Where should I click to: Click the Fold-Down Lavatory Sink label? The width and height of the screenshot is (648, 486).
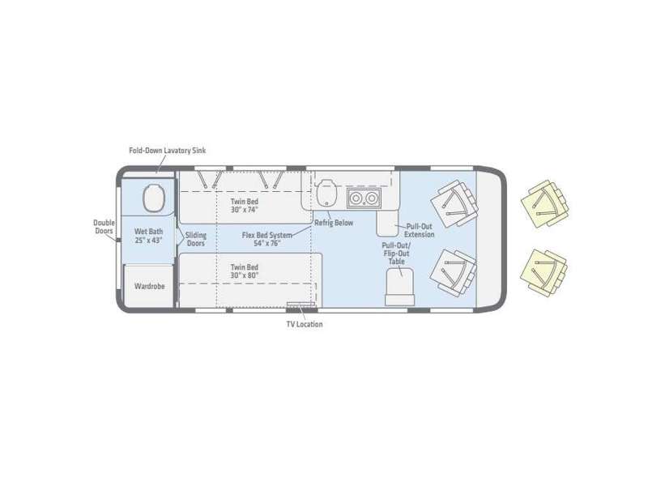click(168, 151)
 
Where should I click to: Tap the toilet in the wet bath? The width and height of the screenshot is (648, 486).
click(155, 198)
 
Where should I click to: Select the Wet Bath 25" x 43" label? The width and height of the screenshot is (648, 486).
click(149, 236)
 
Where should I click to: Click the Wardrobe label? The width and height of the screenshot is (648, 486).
click(149, 286)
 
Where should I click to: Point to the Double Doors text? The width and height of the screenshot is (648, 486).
click(104, 227)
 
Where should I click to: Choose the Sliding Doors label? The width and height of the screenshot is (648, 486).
click(196, 239)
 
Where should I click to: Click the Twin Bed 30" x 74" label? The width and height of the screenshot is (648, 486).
click(245, 206)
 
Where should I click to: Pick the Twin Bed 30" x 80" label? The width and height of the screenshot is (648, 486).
click(245, 271)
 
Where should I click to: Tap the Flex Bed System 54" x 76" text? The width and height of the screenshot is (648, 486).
click(267, 239)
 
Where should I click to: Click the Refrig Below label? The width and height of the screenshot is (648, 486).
click(334, 223)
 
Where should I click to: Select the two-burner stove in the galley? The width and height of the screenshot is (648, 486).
click(364, 198)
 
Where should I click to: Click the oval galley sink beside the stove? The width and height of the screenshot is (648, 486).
click(326, 193)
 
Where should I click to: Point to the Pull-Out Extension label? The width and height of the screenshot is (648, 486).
click(420, 230)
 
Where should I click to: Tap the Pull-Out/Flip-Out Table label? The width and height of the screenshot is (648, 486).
click(396, 253)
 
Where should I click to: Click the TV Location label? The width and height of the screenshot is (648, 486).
click(305, 325)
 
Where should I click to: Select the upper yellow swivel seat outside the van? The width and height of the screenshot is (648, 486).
click(544, 203)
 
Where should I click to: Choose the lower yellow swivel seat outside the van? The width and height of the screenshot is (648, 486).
click(544, 272)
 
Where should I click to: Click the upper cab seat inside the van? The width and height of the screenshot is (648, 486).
click(454, 203)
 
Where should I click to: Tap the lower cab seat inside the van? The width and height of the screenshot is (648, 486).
click(453, 272)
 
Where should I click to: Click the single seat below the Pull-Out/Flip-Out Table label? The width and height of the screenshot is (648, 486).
click(399, 287)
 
